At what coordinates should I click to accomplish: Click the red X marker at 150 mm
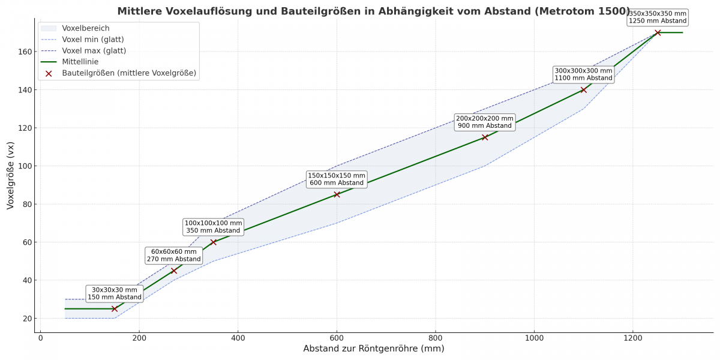[x=115, y=308]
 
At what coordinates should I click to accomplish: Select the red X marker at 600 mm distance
[x=337, y=194]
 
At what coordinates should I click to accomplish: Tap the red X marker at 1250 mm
[x=658, y=32]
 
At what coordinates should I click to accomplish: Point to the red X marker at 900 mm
[x=485, y=137]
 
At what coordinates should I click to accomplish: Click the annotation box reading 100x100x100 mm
[x=213, y=227]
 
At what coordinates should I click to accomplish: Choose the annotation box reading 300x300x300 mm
[x=583, y=74]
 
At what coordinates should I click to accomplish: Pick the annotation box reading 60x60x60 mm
[x=174, y=256]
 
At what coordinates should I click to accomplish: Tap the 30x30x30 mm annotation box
[x=115, y=293]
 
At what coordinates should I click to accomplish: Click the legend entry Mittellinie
[x=80, y=61]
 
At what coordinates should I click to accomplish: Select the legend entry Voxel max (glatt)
[x=94, y=50]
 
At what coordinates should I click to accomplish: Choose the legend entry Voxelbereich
[x=85, y=28]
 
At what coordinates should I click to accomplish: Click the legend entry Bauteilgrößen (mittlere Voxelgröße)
[x=129, y=73]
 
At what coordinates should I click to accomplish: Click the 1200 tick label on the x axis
[x=632, y=338]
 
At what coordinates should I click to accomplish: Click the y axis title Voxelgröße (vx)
[x=10, y=176]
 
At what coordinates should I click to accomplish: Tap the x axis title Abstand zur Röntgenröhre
[x=373, y=349]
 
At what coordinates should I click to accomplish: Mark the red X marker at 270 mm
[x=174, y=271]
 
